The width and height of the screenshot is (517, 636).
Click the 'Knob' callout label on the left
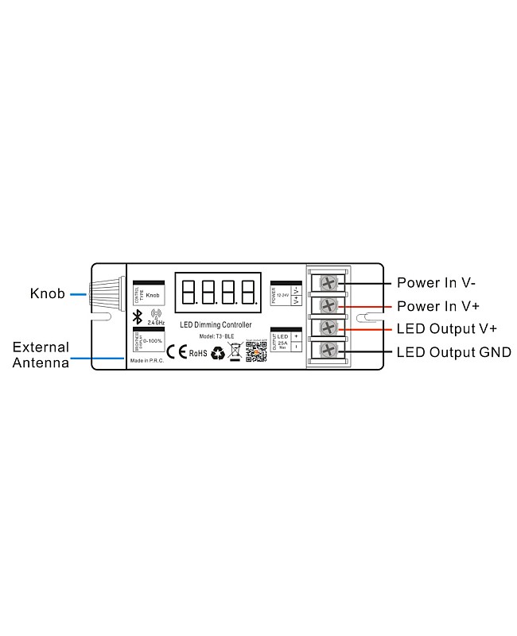tap(47, 293)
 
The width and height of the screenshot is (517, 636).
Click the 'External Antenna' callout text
tap(41, 355)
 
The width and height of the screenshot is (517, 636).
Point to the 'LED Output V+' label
tap(447, 328)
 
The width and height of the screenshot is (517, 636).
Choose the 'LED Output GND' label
tap(453, 351)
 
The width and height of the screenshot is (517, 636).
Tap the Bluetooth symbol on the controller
tap(137, 318)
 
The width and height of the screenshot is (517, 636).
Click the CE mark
tap(176, 352)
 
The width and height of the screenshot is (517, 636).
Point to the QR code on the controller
tap(255, 351)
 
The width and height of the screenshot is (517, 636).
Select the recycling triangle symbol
tap(217, 353)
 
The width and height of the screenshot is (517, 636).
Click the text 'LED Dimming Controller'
tap(216, 325)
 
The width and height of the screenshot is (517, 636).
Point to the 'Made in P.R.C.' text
tap(146, 359)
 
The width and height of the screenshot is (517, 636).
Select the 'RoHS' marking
tap(198, 353)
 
